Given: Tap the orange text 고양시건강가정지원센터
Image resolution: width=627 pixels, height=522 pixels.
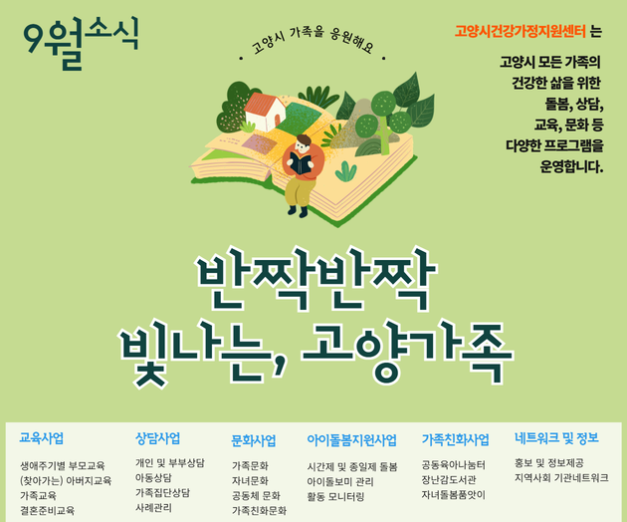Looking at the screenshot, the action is point(521,31).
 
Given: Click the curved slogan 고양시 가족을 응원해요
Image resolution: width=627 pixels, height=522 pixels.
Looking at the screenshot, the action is point(313,40).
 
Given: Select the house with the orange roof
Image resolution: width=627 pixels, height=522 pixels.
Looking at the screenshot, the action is point(265,112).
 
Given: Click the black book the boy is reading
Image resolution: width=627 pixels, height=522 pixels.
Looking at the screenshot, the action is point(301,163).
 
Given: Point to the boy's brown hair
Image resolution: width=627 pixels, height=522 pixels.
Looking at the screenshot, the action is point(304,140).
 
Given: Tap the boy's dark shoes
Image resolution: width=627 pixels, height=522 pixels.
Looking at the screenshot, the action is point(298,211).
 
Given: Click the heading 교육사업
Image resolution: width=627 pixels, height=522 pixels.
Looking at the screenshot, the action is point(42,438).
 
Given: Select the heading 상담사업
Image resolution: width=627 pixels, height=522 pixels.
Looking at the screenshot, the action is point(157,438).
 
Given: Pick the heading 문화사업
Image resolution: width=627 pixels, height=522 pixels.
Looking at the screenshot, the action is point(254,440).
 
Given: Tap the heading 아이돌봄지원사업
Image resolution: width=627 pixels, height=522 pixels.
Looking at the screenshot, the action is point(352,440).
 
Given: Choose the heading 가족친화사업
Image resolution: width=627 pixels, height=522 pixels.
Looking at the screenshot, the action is point(456,439).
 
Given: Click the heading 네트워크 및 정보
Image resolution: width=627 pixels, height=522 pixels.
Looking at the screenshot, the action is point(556,438).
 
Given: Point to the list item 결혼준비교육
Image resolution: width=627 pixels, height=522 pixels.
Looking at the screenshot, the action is point(48,510).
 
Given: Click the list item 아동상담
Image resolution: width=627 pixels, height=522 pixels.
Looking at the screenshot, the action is point(153,477).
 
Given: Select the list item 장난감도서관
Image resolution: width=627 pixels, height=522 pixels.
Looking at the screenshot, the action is point(449,479).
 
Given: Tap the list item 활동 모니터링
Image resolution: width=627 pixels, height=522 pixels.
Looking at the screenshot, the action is point(335,497).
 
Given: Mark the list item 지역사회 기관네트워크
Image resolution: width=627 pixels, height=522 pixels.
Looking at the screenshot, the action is point(561,477).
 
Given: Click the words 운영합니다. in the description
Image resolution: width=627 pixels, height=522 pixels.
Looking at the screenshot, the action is point(571,166).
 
